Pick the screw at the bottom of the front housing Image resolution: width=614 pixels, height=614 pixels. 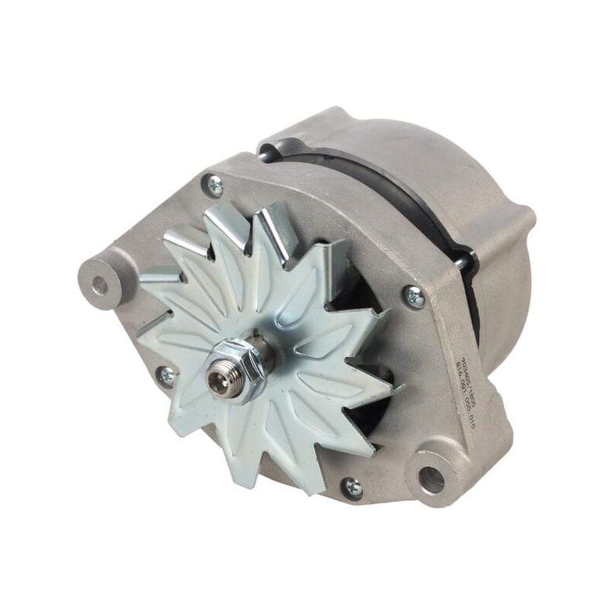(352, 486)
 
